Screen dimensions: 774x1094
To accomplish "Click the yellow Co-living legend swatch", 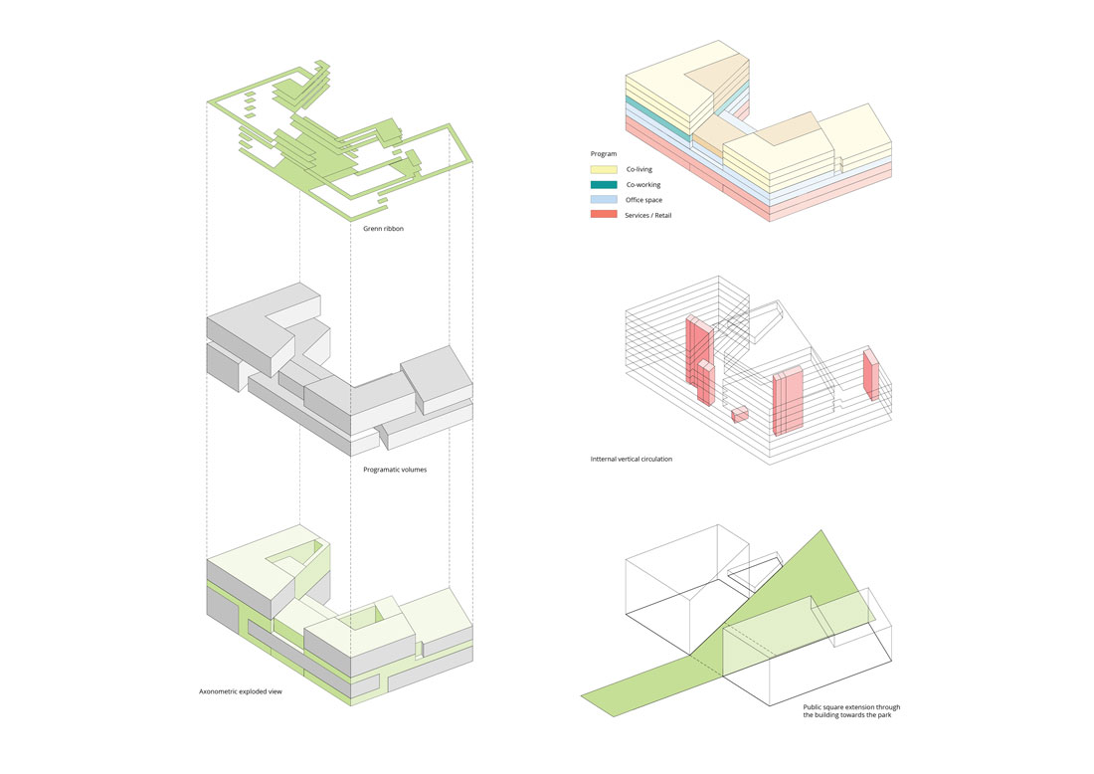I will pyautogui.click(x=604, y=169).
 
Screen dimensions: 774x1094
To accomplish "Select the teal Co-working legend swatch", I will pyautogui.click(x=604, y=185).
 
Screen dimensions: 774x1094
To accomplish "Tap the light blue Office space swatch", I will pyautogui.click(x=604, y=200).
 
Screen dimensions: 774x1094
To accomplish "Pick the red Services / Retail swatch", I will pyautogui.click(x=604, y=215).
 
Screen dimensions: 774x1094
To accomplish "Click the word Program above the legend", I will pyautogui.click(x=604, y=154).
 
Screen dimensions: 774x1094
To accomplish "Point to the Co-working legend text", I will pyautogui.click(x=642, y=185).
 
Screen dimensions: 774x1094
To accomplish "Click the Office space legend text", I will pyautogui.click(x=644, y=200).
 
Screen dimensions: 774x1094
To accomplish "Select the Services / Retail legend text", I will pyautogui.click(x=650, y=215).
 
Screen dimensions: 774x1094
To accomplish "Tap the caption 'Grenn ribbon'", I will pyautogui.click(x=383, y=229).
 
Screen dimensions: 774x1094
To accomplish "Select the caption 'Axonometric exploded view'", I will pyautogui.click(x=241, y=690).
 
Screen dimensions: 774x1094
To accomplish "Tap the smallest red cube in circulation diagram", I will pyautogui.click(x=739, y=415).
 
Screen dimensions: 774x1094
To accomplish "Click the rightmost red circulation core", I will pyautogui.click(x=871, y=375).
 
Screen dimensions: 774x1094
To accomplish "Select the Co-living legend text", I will pyautogui.click(x=639, y=169).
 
